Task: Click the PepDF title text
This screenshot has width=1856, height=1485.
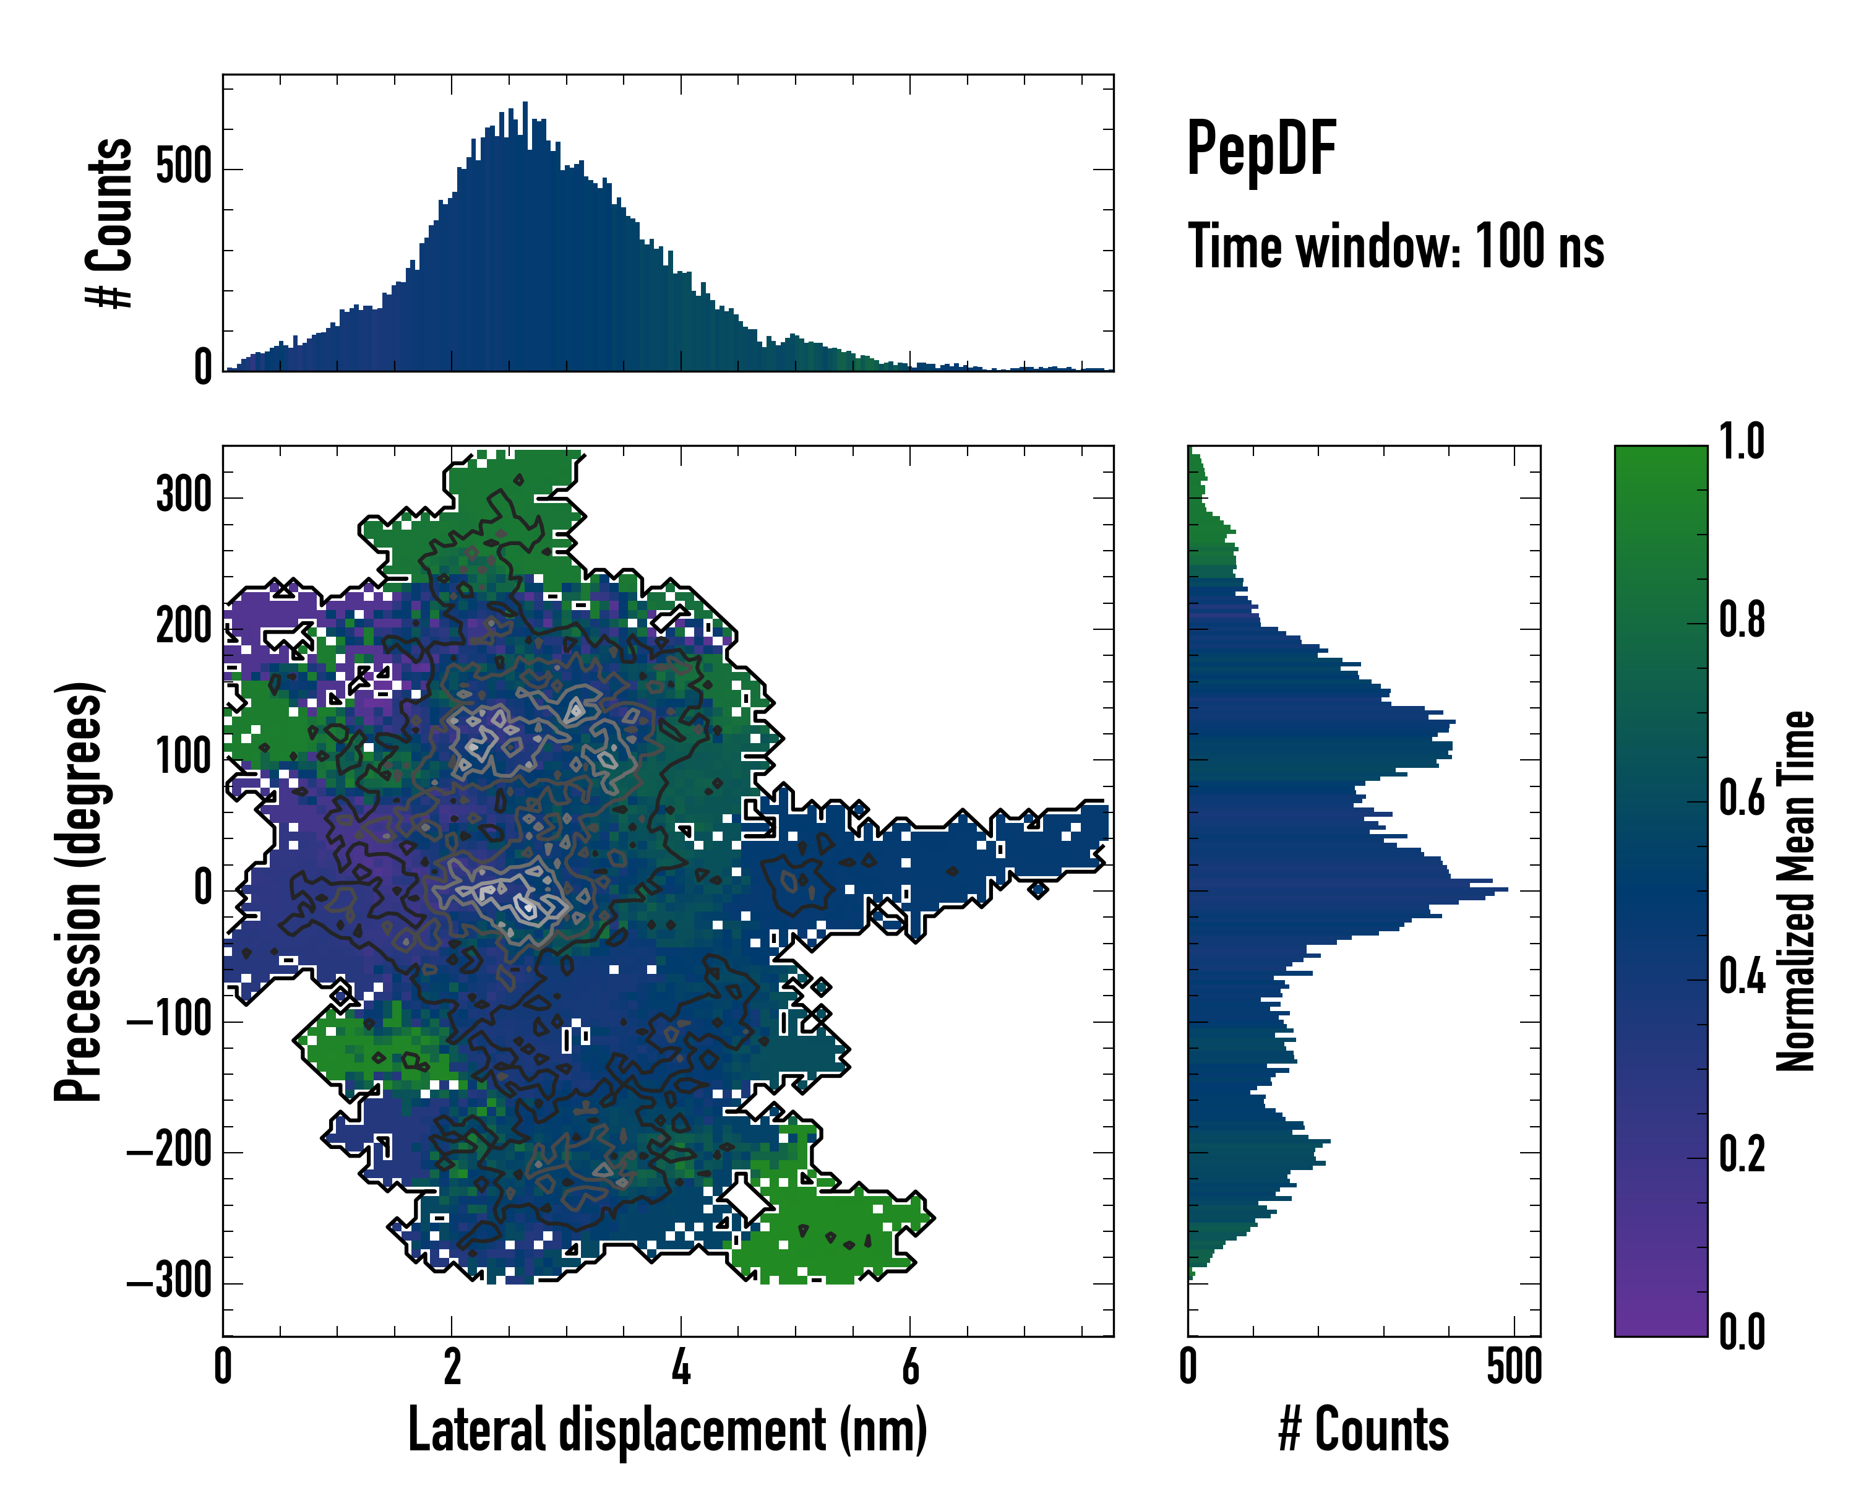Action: tap(1260, 150)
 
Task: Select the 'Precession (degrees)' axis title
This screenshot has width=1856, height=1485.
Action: tap(79, 892)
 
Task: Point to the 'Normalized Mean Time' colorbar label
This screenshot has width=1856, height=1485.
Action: tap(1795, 891)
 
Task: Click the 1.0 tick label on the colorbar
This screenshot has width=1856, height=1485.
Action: tap(1742, 442)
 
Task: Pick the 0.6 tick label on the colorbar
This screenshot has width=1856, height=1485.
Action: tap(1742, 799)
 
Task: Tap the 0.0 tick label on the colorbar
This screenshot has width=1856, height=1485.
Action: tap(1742, 1332)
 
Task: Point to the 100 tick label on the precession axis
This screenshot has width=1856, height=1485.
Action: tap(183, 757)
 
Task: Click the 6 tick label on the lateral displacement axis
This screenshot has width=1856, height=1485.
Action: tap(910, 1367)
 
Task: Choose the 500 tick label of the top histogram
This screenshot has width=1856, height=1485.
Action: tap(183, 167)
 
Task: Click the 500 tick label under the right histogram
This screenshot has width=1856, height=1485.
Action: tap(1513, 1367)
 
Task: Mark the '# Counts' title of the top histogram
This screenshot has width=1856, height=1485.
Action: tap(110, 222)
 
